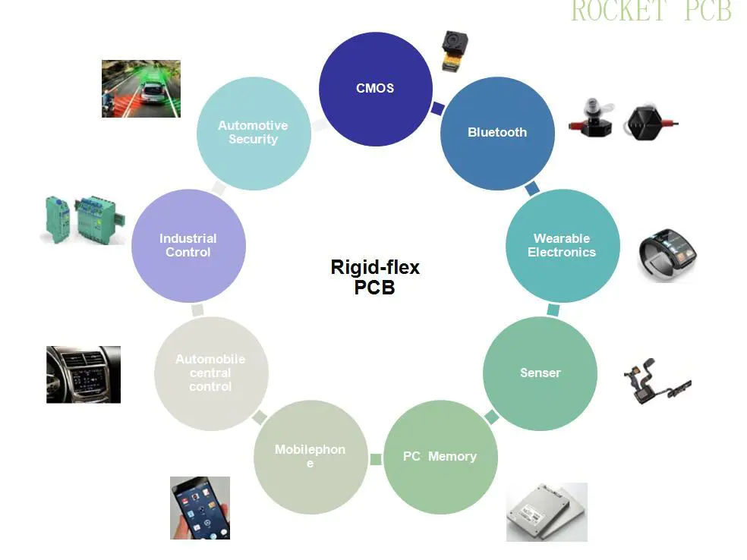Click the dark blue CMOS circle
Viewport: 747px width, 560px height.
coord(375,88)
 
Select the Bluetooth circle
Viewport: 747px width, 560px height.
coord(497,132)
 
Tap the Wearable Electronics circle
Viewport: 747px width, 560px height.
coord(562,245)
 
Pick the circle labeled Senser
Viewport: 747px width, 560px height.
coord(540,373)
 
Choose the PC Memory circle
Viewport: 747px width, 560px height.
coord(440,456)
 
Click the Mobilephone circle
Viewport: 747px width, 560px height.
coord(310,456)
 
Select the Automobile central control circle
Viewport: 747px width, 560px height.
coord(210,373)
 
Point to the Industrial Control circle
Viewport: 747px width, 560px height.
coord(188,245)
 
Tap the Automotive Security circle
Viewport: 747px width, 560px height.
coord(253,133)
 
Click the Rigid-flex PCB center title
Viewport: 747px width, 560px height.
coord(375,277)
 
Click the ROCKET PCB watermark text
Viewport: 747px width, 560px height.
coord(651,11)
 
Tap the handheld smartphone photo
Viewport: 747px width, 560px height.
coord(200,508)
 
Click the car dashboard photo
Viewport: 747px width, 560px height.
coord(84,374)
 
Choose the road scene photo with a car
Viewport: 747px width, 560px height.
coord(141,89)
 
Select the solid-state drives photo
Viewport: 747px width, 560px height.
coord(547,512)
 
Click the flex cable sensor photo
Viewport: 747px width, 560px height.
coord(655,379)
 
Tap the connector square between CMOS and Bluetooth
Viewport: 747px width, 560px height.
coord(437,109)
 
